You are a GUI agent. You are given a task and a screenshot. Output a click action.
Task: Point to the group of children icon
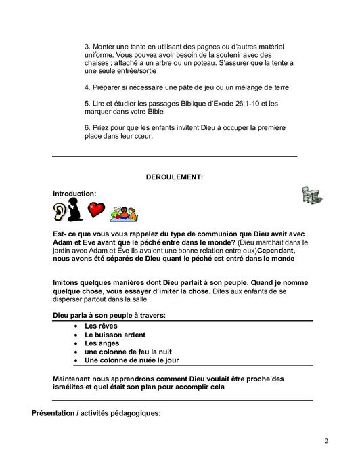pos(125,212)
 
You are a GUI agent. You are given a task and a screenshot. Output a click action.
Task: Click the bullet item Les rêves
pos(99,326)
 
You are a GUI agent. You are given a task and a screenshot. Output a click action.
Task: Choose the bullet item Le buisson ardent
pos(114,335)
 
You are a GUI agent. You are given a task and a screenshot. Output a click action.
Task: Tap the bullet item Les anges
pos(102,343)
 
